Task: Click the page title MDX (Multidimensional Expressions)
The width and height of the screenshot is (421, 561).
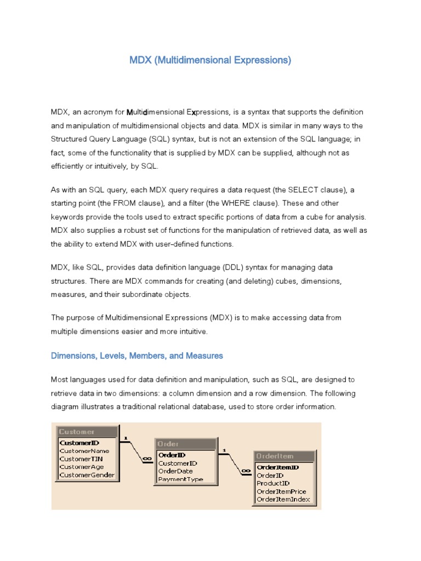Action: [210, 60]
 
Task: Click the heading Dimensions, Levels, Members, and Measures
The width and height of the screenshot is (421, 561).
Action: [137, 356]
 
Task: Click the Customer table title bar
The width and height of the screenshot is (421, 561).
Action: [87, 432]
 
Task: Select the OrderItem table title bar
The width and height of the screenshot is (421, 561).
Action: [285, 456]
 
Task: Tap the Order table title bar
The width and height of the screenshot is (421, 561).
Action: [186, 444]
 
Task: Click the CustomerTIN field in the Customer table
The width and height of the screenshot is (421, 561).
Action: [81, 459]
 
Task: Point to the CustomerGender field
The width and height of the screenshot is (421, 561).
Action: [87, 475]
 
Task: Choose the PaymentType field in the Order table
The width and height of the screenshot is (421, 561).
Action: [180, 479]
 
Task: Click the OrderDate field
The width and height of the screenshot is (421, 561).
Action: [175, 471]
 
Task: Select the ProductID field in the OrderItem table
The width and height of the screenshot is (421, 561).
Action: [273, 483]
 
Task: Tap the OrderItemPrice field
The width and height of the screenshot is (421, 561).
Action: [281, 491]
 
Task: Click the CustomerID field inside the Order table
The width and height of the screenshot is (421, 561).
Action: [178, 463]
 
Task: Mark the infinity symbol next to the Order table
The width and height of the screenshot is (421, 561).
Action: [147, 459]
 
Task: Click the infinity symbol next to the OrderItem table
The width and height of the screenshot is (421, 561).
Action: [246, 470]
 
